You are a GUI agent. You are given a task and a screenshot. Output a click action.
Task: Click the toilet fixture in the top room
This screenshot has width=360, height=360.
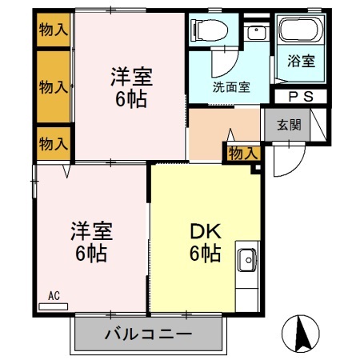tap(210, 30)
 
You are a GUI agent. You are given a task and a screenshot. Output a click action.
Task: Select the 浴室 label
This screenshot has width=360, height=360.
tap(302, 61)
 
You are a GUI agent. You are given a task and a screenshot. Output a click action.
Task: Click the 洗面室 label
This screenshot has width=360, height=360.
tap(231, 86)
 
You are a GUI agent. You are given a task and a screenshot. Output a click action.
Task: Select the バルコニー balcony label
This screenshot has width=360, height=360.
tap(148, 334)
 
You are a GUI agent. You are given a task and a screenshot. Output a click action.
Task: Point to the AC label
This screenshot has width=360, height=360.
tap(54, 296)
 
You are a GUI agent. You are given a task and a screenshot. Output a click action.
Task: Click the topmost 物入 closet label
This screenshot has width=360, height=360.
tap(54, 30)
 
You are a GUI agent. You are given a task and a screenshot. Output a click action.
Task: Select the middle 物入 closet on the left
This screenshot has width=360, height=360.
tap(54, 86)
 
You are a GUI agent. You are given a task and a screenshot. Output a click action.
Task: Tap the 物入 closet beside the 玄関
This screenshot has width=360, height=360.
tap(242, 153)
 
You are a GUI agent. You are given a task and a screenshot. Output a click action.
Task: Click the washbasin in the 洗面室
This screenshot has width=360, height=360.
tap(256, 33)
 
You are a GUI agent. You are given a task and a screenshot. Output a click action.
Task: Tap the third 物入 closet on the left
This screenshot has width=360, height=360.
tap(54, 144)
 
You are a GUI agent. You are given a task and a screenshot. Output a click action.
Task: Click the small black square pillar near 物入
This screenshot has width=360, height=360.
tap(257, 168)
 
